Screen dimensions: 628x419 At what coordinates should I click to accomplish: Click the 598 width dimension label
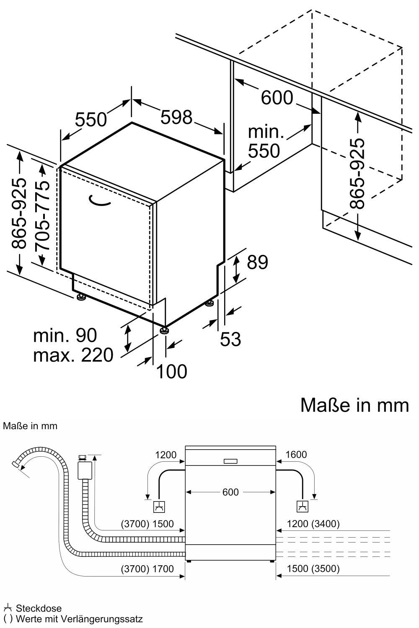coord(176,117)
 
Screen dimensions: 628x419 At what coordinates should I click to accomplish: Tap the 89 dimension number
coord(257,263)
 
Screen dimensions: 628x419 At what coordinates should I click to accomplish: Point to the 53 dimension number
coord(230,339)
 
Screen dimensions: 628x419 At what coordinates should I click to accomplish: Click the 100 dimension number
coord(172,371)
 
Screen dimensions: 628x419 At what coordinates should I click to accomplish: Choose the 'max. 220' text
coord(73,355)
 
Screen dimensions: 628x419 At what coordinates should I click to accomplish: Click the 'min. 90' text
coord(65,335)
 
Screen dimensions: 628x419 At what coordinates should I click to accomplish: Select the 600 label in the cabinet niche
coord(277,98)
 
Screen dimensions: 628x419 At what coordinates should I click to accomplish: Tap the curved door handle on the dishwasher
coord(100,201)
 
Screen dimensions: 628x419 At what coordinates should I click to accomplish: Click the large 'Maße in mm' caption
coord(354,405)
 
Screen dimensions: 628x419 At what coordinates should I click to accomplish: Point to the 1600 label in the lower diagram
coord(296,454)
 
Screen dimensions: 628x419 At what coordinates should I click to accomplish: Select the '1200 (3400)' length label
coord(313,523)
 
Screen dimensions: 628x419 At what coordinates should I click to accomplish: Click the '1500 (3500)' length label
coord(313,569)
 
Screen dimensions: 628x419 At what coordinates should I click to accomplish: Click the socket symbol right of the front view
coord(302,507)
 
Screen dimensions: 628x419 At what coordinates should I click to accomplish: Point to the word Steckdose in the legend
coord(39,608)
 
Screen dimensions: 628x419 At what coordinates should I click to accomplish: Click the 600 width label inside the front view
coord(230,492)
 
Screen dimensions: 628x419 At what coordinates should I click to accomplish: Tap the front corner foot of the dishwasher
coord(164,330)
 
